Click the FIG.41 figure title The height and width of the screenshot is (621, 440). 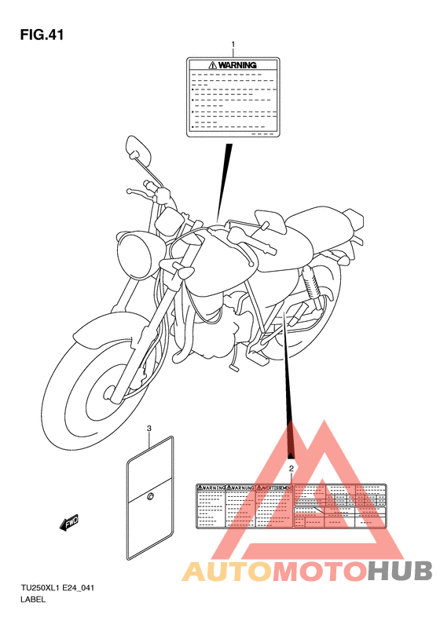[41, 35]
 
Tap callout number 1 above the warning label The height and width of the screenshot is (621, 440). [233, 44]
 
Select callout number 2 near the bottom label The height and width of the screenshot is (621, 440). [291, 469]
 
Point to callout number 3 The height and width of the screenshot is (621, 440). [149, 429]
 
